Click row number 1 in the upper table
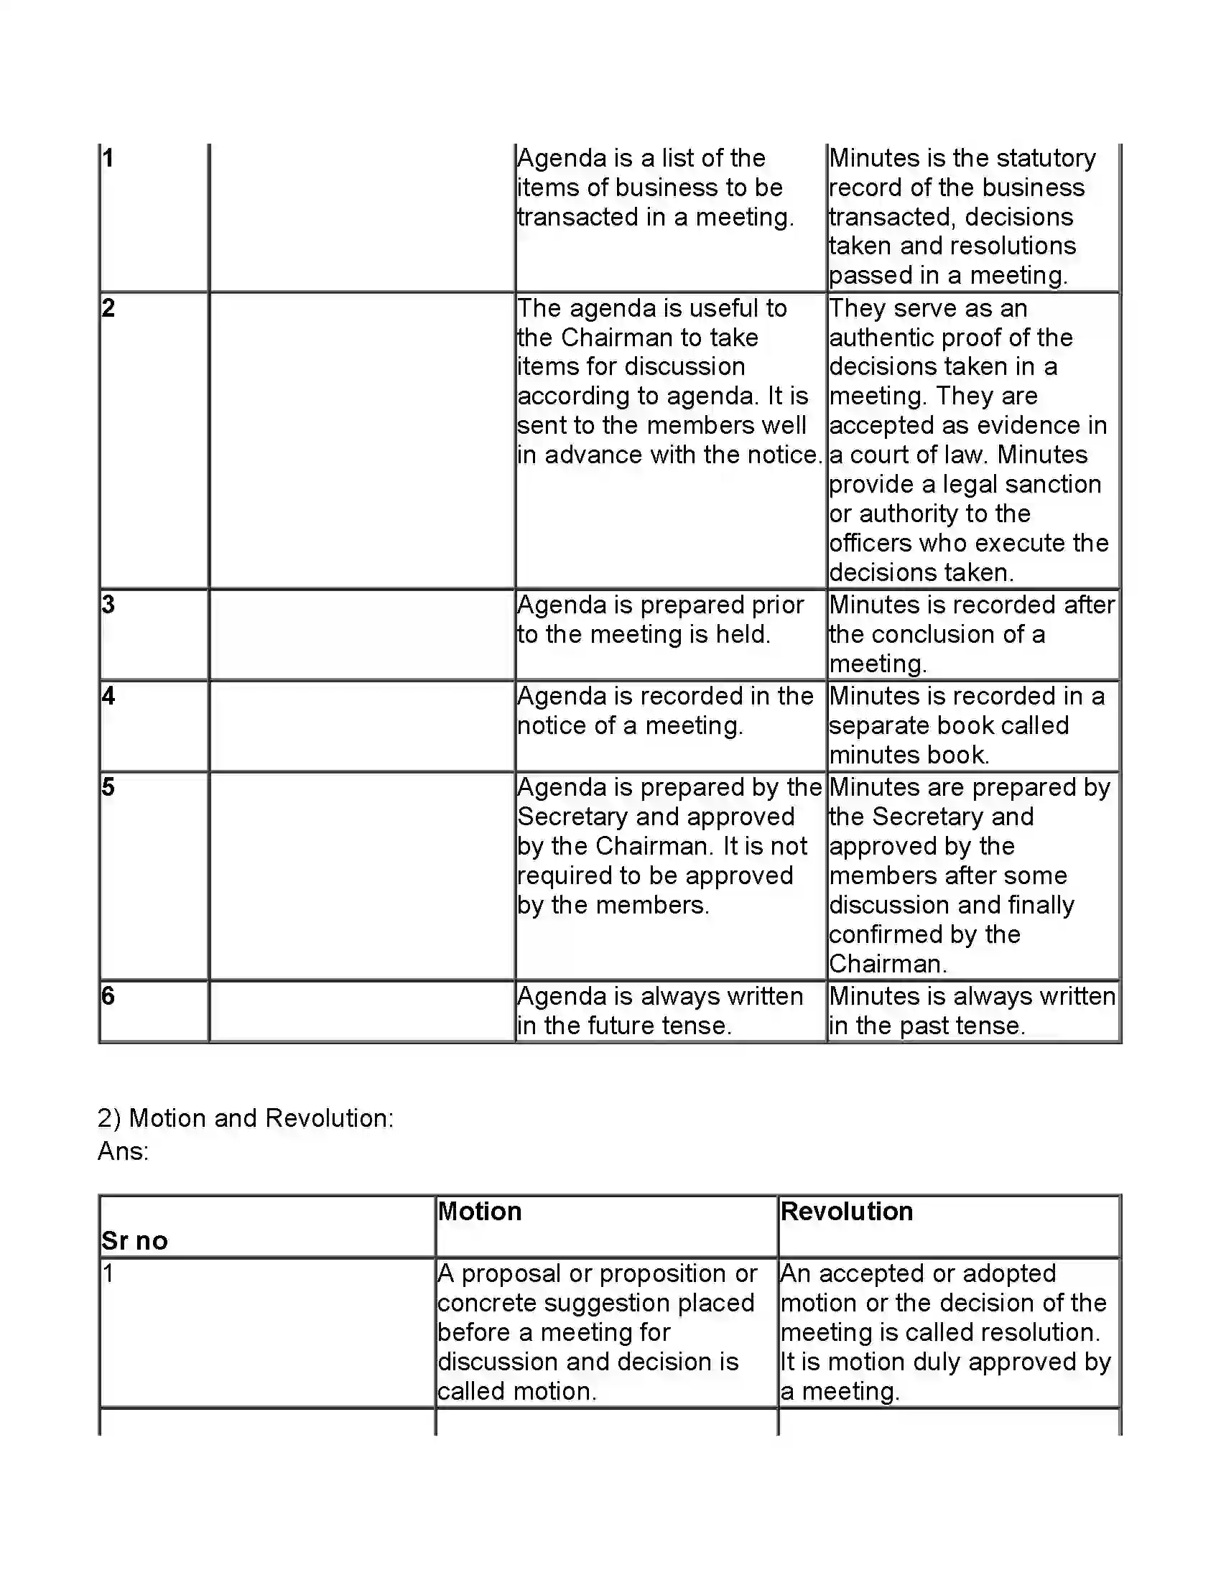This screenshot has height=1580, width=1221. [x=108, y=158]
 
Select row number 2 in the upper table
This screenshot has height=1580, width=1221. [x=108, y=308]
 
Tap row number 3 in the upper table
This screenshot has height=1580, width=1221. [x=108, y=604]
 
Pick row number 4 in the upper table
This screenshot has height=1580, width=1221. [x=108, y=695]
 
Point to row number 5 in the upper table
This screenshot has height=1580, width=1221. [x=108, y=786]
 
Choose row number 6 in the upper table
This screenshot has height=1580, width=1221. [x=108, y=995]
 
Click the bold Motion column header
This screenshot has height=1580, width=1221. [x=480, y=1211]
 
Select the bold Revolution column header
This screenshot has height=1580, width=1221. [x=846, y=1211]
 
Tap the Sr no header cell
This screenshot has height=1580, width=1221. [x=134, y=1241]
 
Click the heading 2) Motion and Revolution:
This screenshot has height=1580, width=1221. [x=245, y=1117]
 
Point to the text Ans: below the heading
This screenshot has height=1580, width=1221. [x=123, y=1151]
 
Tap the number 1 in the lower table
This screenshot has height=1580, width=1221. [x=108, y=1273]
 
